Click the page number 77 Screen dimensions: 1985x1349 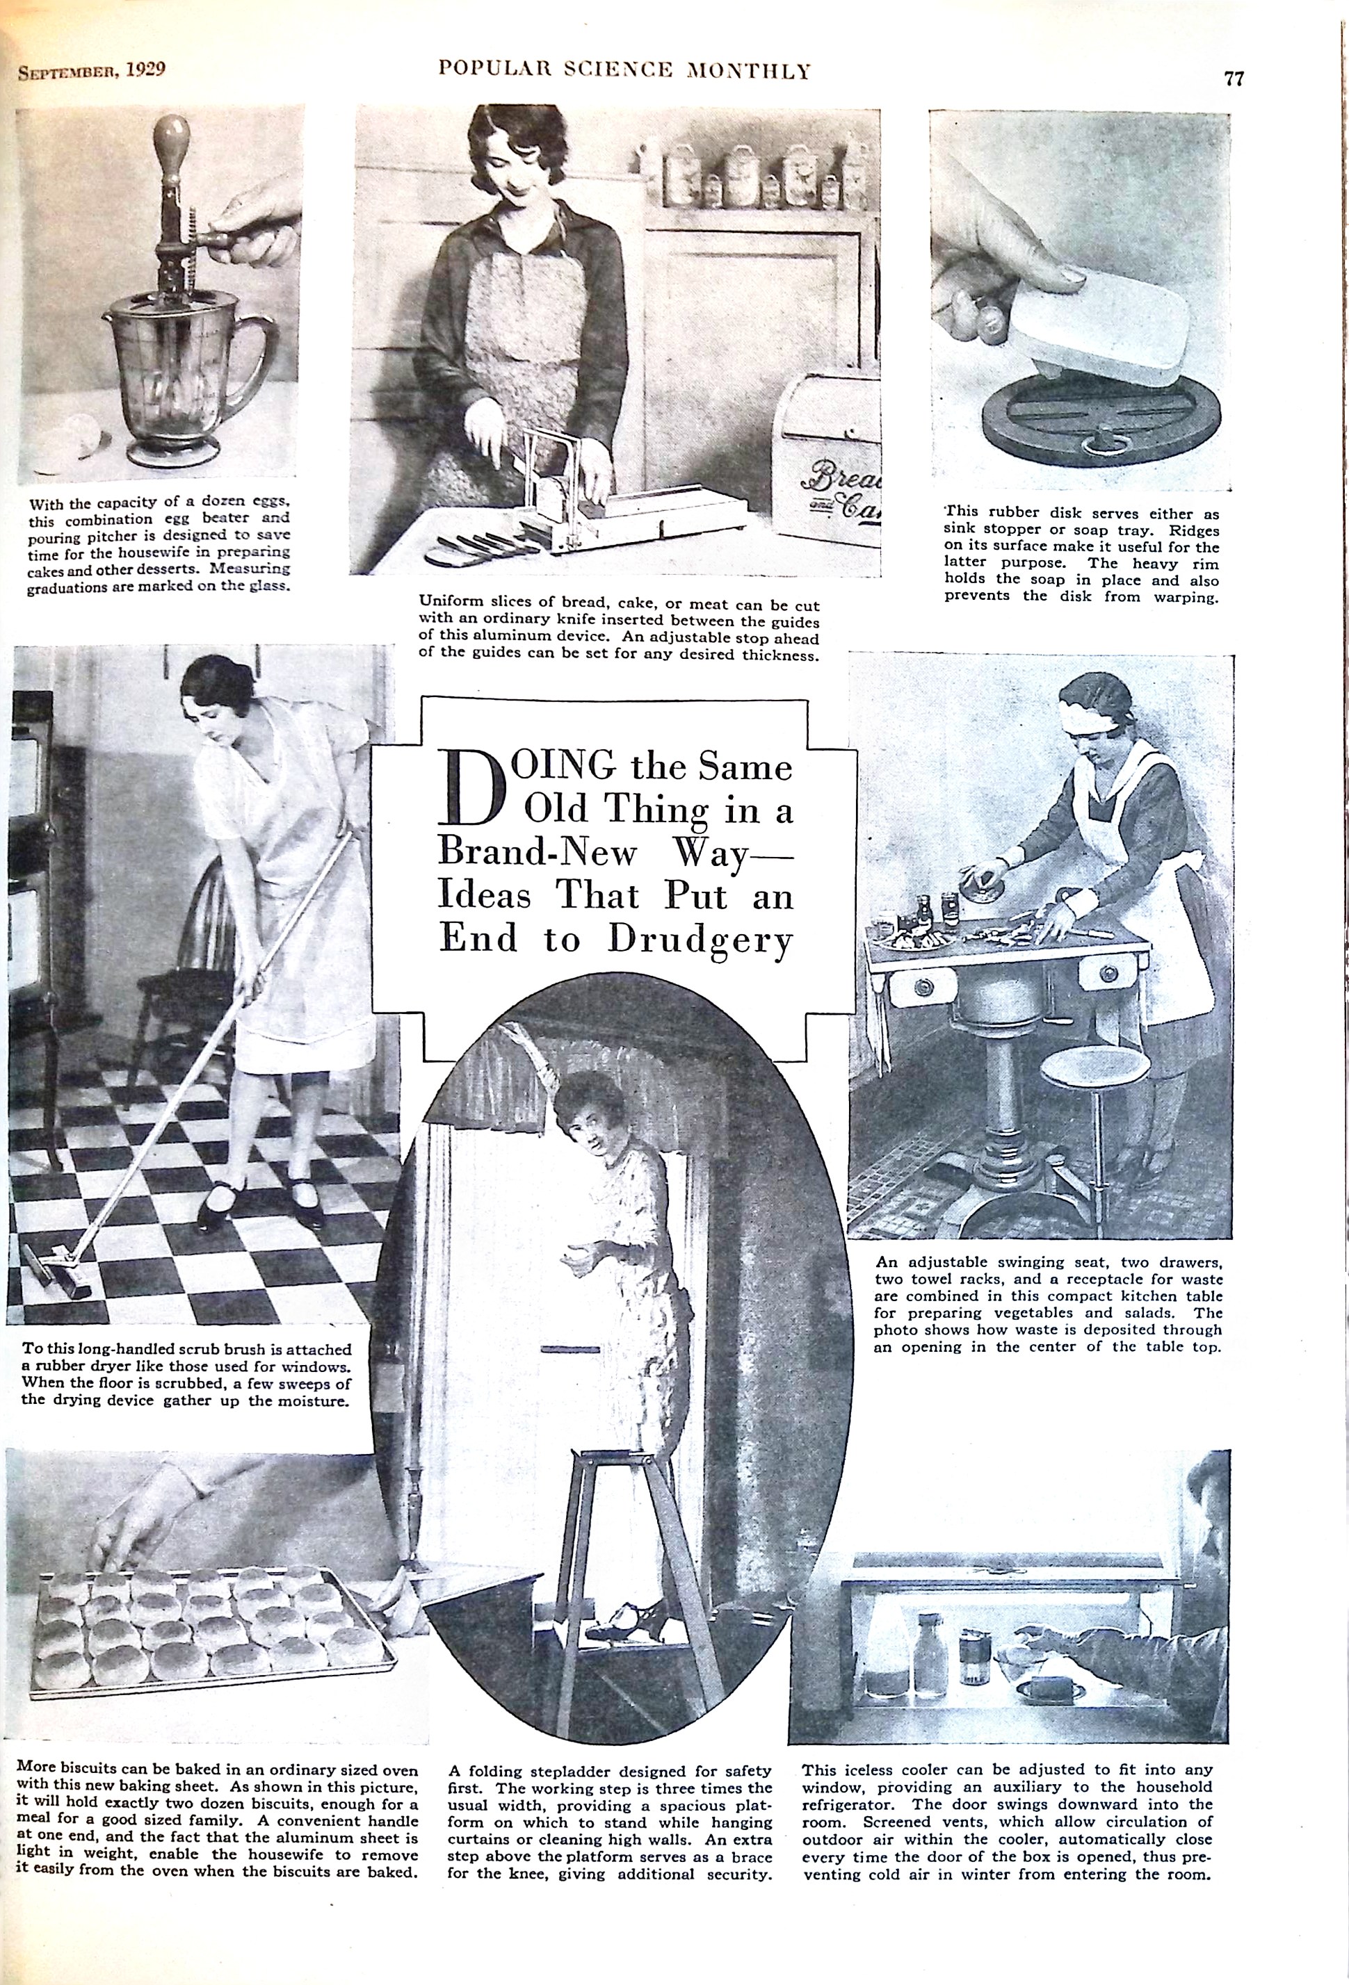pyautogui.click(x=1234, y=78)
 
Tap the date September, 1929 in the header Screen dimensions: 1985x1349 pyautogui.click(x=91, y=70)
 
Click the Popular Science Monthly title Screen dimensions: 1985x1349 pyautogui.click(x=624, y=70)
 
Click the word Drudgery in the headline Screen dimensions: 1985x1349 pyautogui.click(x=700, y=940)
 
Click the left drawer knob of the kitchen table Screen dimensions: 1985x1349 pyautogui.click(x=923, y=989)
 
